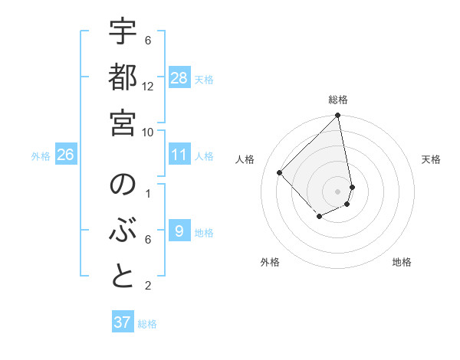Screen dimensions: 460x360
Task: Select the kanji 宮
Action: (123, 121)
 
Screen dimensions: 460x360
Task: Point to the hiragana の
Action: (123, 185)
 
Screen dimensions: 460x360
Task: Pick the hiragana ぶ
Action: (123, 231)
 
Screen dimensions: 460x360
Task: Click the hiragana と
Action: (123, 277)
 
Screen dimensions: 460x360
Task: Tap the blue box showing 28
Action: (179, 78)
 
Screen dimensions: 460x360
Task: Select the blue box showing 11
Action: (179, 155)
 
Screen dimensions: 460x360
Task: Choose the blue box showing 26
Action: (65, 155)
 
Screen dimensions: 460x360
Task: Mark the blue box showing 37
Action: (122, 322)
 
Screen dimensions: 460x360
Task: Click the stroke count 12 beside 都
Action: (148, 86)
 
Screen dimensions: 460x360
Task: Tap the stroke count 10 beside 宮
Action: (148, 132)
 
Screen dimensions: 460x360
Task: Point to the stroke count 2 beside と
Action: (148, 286)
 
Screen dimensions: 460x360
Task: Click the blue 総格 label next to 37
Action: (148, 324)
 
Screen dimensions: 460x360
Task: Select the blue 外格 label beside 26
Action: (41, 156)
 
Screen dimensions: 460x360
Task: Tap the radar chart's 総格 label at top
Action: (338, 100)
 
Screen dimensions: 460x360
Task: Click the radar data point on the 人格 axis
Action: (280, 173)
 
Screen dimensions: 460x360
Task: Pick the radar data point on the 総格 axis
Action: (337, 116)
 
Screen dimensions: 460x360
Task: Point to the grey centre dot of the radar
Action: (337, 191)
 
